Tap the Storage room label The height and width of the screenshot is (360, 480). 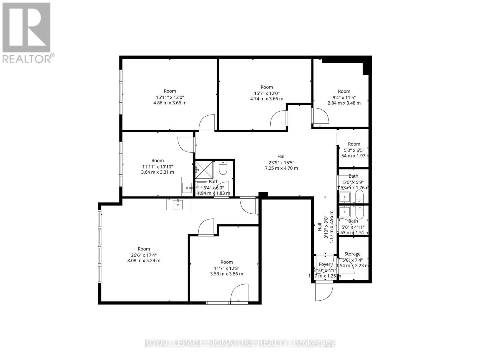[x=352, y=254]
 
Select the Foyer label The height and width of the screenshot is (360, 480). [x=324, y=264]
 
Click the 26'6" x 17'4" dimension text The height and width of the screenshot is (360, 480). [x=144, y=255]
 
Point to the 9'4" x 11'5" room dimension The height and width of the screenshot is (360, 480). [x=344, y=97]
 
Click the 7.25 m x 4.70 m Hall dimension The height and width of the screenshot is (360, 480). [x=281, y=168]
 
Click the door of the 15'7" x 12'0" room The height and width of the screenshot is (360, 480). [x=279, y=119]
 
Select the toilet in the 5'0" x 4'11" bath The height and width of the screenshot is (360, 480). [x=359, y=212]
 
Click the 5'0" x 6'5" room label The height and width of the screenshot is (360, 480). [x=354, y=144]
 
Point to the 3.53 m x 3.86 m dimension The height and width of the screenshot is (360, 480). [x=226, y=274]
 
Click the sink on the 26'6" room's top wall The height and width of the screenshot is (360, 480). [x=178, y=204]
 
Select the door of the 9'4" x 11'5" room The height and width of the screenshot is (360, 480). [x=320, y=116]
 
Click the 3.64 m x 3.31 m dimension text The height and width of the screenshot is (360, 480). [x=157, y=172]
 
